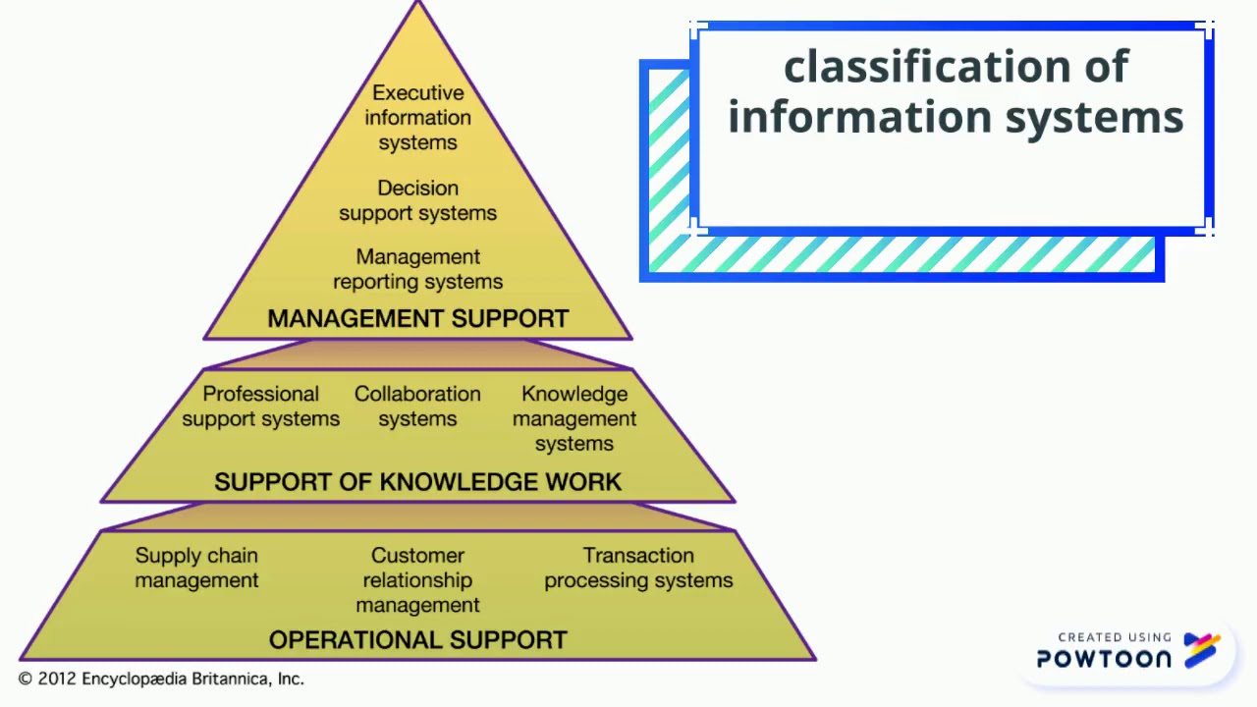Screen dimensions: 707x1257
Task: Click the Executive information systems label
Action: coord(417,118)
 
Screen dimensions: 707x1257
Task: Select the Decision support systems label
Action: coord(417,200)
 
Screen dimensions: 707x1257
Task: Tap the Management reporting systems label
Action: coord(417,269)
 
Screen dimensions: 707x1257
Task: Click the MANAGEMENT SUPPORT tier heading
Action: coord(417,319)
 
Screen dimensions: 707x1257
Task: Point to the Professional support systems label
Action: coord(260,407)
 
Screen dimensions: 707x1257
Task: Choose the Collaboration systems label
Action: coord(417,407)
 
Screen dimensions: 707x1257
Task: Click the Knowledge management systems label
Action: coord(574,418)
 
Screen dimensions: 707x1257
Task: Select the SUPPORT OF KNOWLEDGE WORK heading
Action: coord(417,482)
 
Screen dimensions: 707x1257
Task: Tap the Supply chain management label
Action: coord(196,568)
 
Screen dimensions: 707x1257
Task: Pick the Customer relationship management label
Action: coord(417,580)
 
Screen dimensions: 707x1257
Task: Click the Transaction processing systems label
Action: coord(638,568)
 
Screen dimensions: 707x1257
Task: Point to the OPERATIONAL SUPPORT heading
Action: coord(417,640)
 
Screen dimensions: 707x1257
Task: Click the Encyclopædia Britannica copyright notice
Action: coord(161,679)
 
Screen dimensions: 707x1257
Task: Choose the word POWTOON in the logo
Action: coord(1104,659)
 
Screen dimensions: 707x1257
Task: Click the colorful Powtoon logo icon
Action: coord(1202,650)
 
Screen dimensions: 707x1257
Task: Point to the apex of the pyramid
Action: coord(418,5)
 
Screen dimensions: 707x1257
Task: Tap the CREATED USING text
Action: coord(1115,637)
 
